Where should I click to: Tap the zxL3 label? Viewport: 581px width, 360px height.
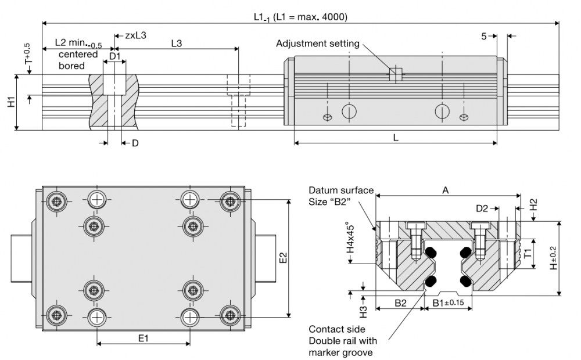click(135, 35)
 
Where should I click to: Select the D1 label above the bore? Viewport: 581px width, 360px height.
click(115, 56)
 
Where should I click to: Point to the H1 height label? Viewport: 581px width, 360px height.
click(11, 102)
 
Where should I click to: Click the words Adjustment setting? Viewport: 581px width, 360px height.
click(317, 44)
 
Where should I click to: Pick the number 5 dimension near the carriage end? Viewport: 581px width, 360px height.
click(484, 36)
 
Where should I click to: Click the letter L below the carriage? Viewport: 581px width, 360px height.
click(395, 137)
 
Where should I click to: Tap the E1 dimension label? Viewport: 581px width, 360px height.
click(143, 338)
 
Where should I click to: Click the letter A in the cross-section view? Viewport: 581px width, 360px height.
click(446, 190)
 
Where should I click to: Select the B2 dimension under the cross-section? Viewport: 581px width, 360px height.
click(400, 303)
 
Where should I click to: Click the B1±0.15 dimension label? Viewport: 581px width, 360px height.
click(449, 303)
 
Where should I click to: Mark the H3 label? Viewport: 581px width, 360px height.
click(363, 308)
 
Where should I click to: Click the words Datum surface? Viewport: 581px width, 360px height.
click(341, 190)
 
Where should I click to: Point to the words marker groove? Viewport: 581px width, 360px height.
click(340, 352)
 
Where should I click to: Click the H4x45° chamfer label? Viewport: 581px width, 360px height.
click(350, 240)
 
